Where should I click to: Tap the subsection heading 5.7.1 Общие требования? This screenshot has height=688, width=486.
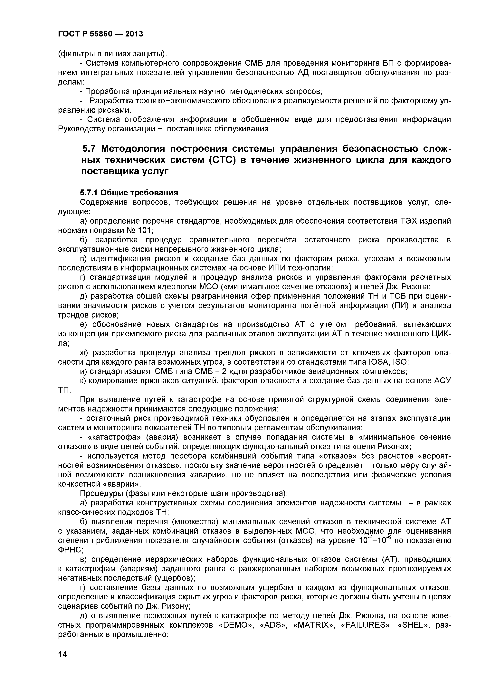129,192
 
